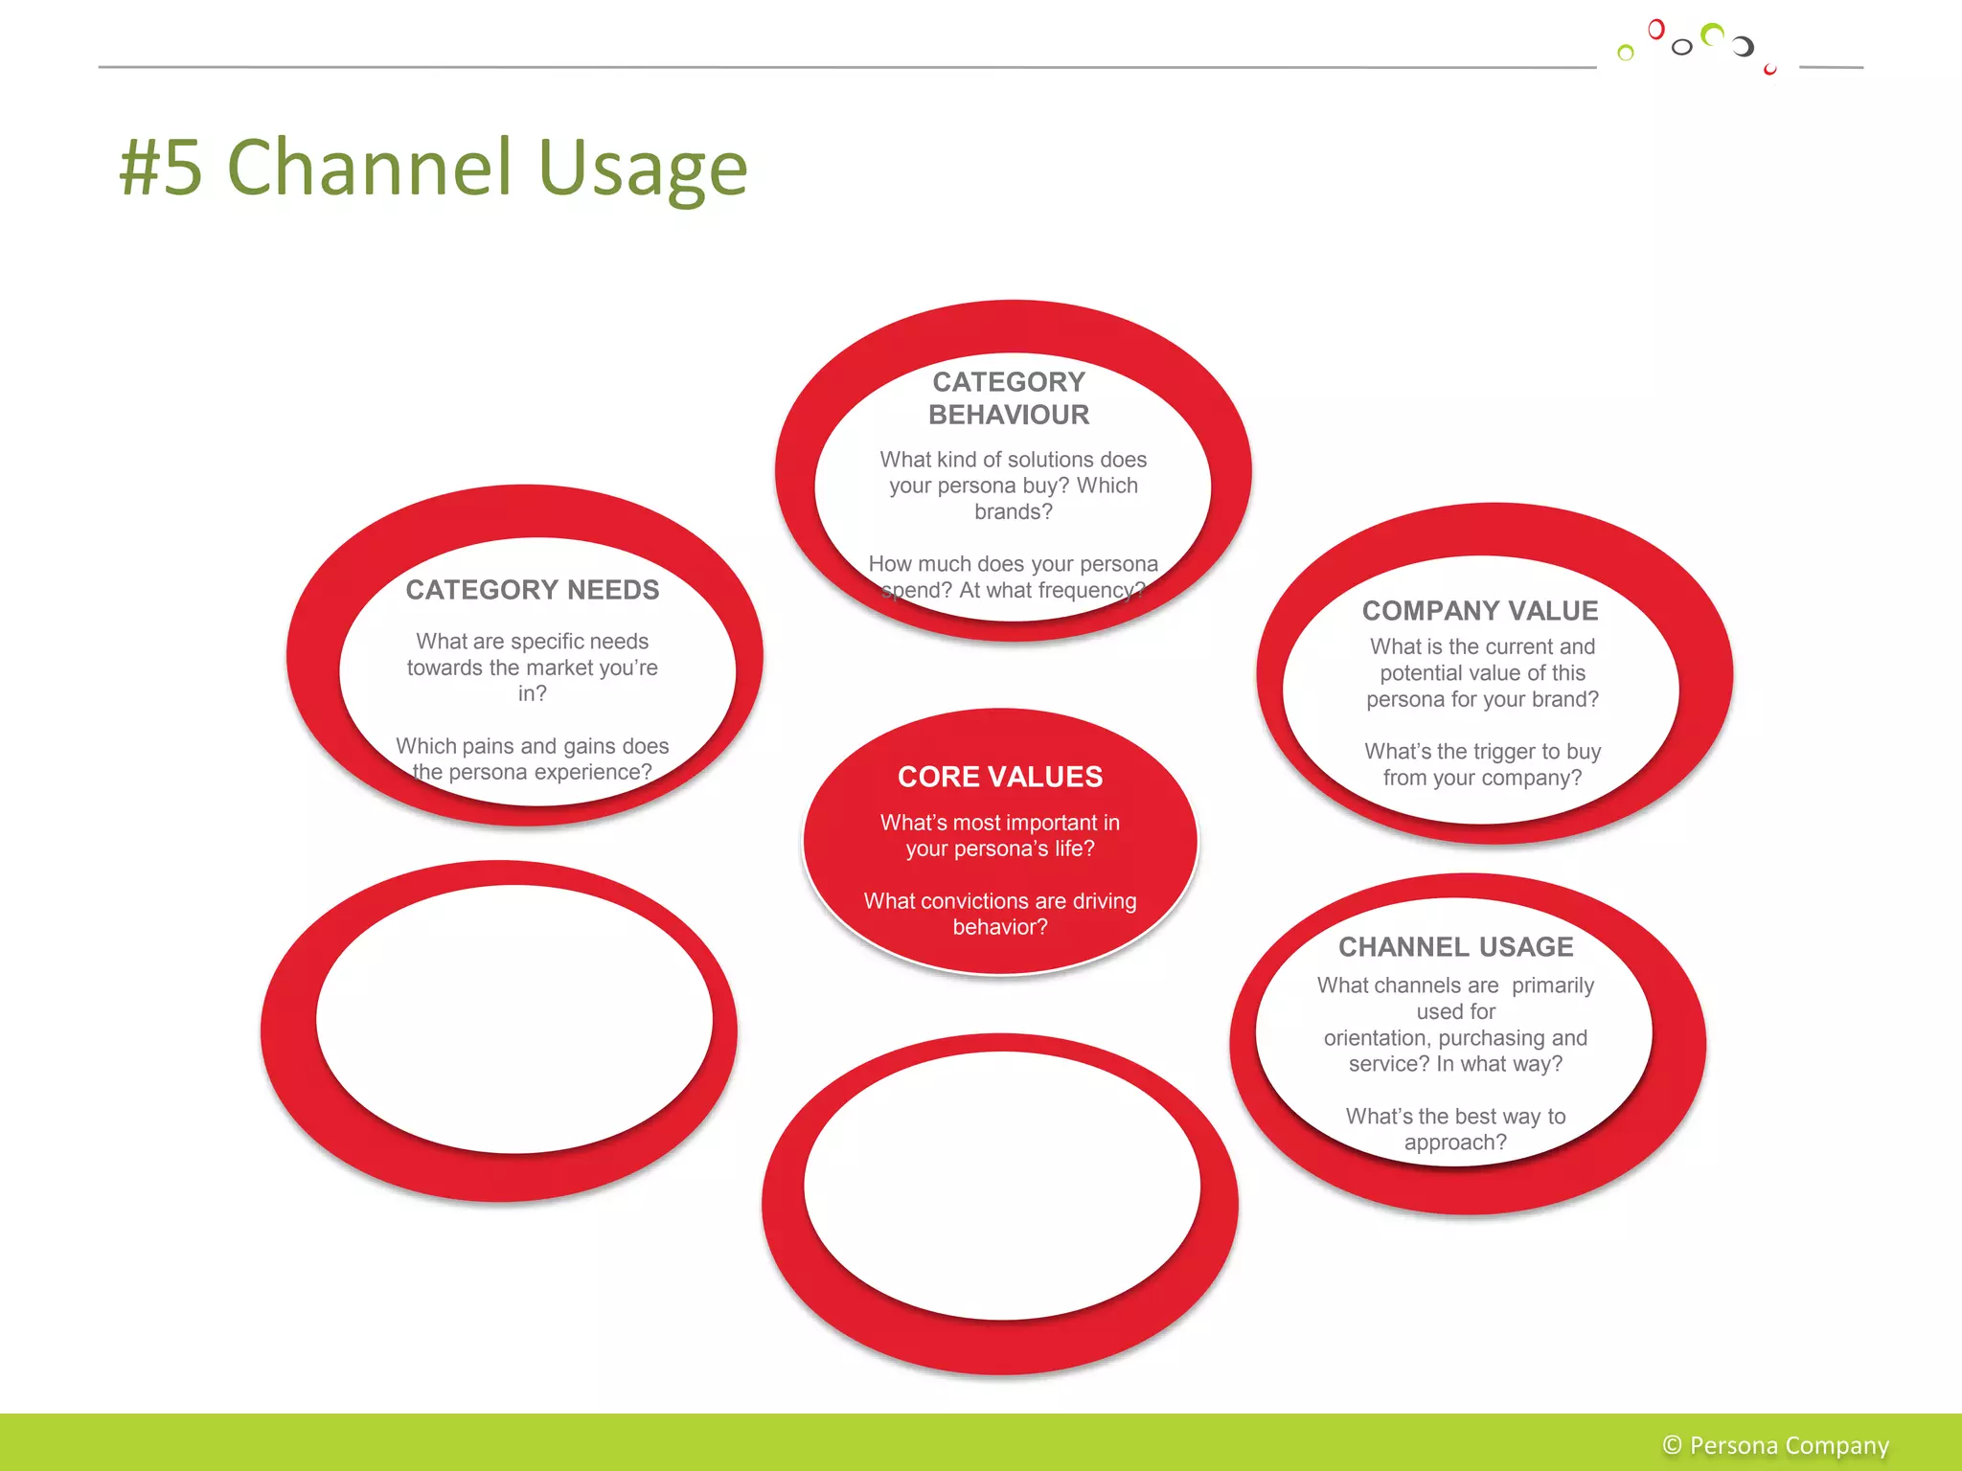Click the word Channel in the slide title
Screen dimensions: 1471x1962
pyautogui.click(x=370, y=168)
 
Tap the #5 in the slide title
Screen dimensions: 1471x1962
pyautogui.click(x=161, y=168)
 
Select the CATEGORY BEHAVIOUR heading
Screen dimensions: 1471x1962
pyautogui.click(x=1009, y=398)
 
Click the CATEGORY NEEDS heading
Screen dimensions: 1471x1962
pyautogui.click(x=532, y=590)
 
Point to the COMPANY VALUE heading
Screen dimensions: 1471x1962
pyautogui.click(x=1480, y=611)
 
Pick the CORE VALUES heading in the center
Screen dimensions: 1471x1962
pyautogui.click(x=1000, y=777)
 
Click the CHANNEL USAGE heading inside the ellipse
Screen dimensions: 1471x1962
pyautogui.click(x=1455, y=947)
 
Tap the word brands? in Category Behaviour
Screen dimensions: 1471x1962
pyautogui.click(x=1014, y=512)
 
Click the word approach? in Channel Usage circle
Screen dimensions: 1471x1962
pyautogui.click(x=1455, y=1143)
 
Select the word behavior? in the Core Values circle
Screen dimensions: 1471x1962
pyautogui.click(x=1000, y=927)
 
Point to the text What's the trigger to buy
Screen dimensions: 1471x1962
pyautogui.click(x=1482, y=752)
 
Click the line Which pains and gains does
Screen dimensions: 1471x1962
pyautogui.click(x=532, y=746)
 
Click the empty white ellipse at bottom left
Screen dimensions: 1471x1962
pyautogui.click(x=514, y=1019)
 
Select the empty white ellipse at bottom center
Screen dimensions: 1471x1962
pyautogui.click(x=1002, y=1186)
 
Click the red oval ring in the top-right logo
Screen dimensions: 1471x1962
pyautogui.click(x=1655, y=30)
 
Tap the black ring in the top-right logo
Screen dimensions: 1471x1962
pyautogui.click(x=1681, y=47)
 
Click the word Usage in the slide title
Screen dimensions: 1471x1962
pyautogui.click(x=643, y=168)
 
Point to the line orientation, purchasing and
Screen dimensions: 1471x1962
pyautogui.click(x=1455, y=1038)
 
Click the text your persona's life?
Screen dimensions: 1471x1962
pyautogui.click(x=1000, y=849)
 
